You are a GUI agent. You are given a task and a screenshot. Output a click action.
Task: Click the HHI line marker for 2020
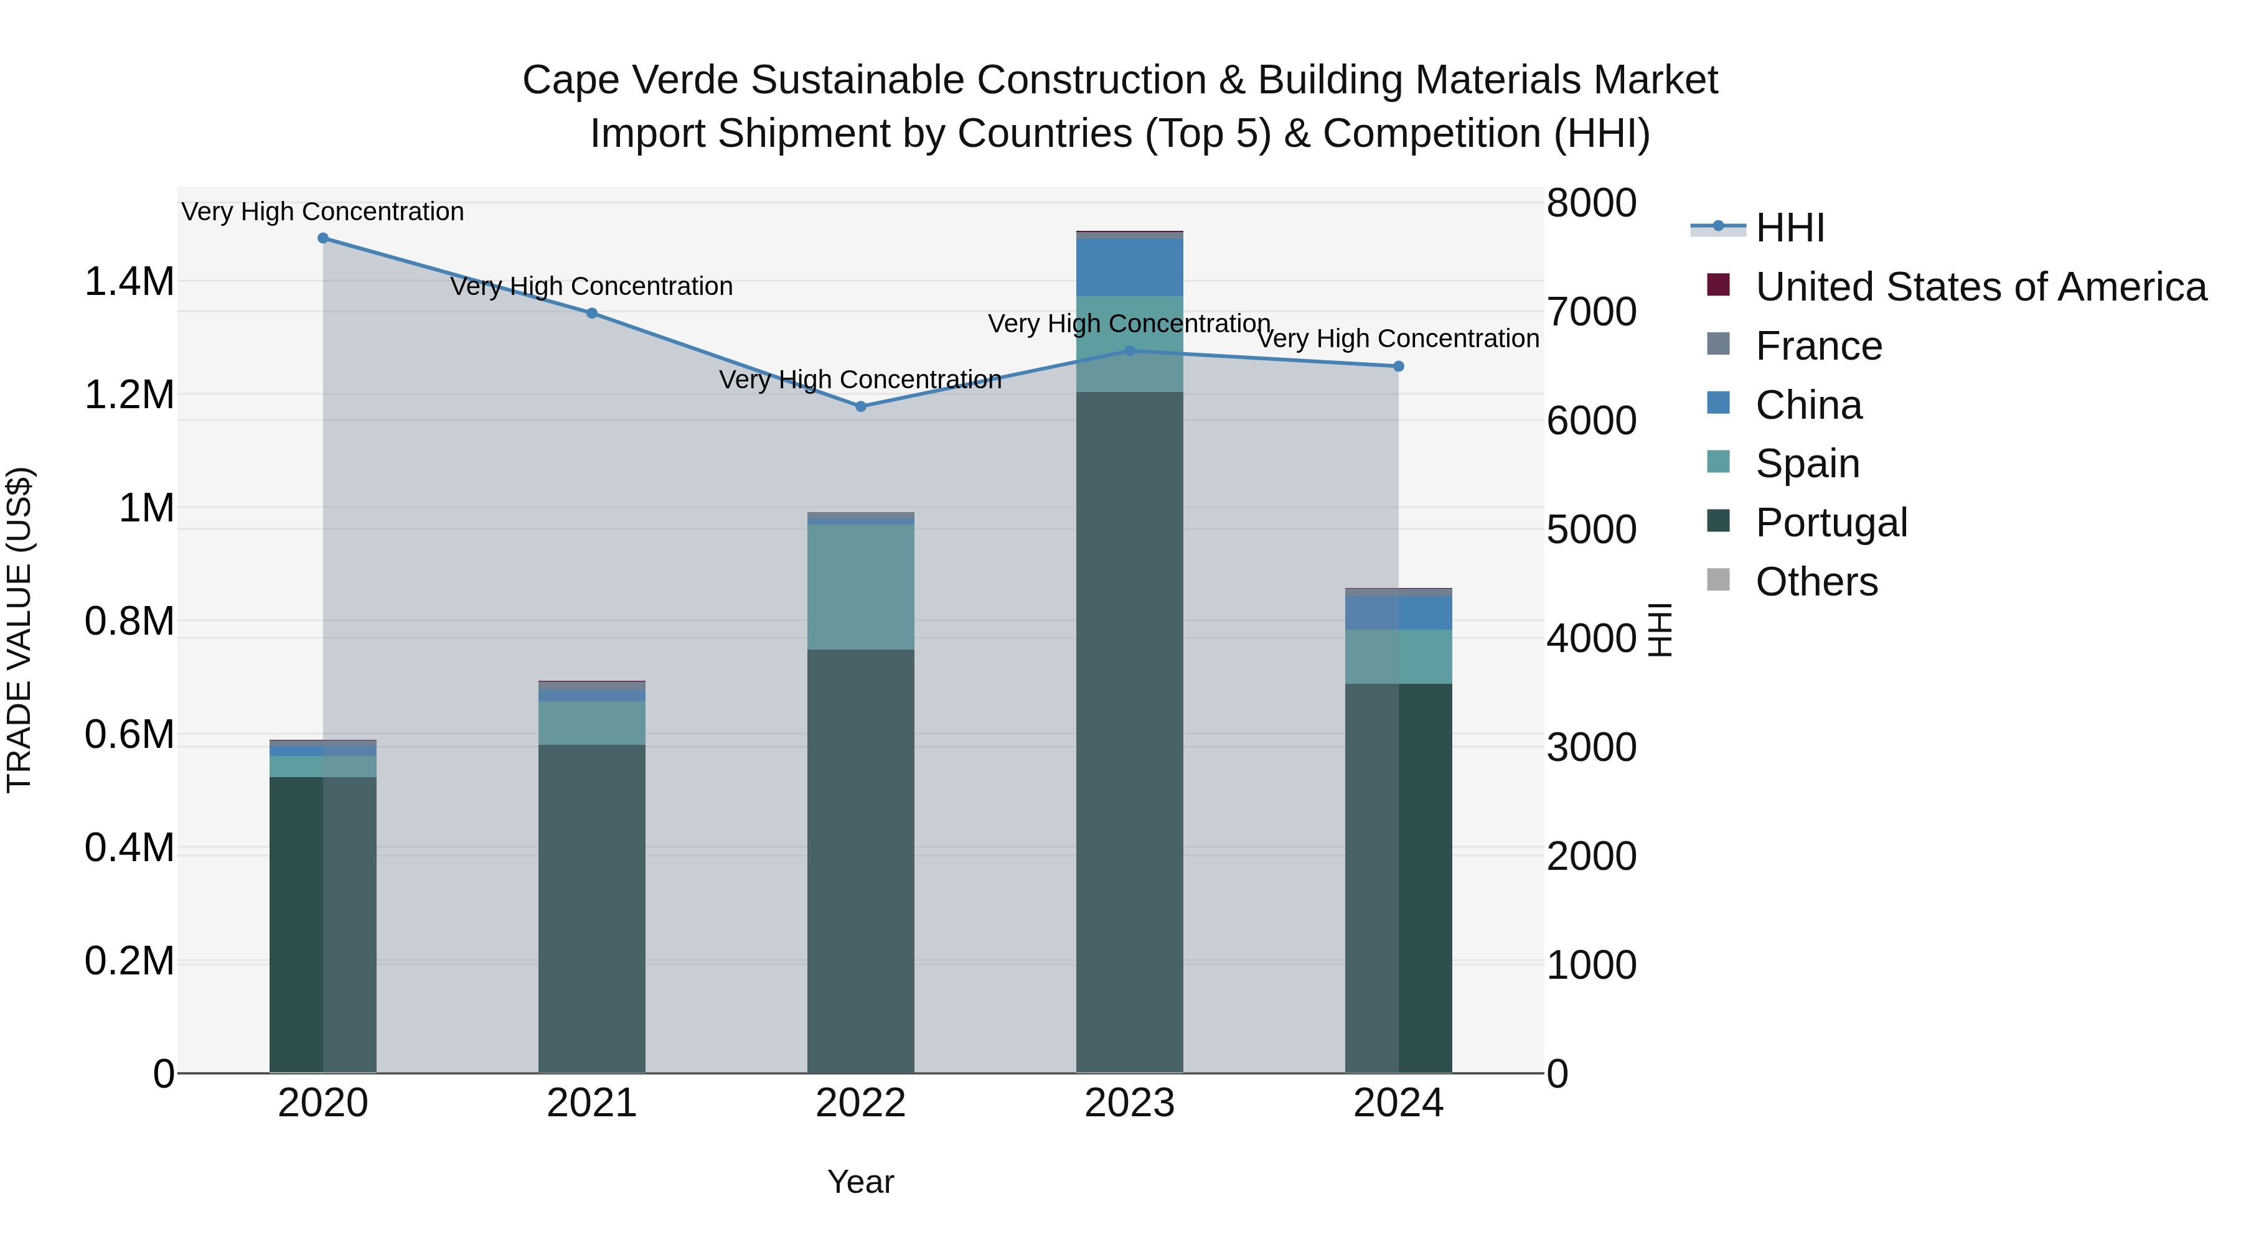(x=322, y=238)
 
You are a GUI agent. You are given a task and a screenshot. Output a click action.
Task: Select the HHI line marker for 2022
(x=860, y=406)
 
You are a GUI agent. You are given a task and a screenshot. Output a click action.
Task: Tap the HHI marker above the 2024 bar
(x=1398, y=366)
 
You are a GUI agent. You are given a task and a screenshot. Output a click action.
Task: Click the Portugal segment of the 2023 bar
(x=1129, y=730)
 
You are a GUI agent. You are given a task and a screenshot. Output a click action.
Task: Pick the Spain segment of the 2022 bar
(x=860, y=587)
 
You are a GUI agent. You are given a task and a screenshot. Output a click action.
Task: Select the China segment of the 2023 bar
(x=1129, y=268)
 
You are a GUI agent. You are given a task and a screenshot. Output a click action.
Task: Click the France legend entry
(x=1818, y=346)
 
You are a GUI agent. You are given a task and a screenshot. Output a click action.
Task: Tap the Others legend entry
(x=1816, y=582)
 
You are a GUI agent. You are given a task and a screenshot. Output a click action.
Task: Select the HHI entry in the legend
(x=1790, y=228)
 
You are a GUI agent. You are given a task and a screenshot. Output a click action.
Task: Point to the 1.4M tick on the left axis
(x=129, y=282)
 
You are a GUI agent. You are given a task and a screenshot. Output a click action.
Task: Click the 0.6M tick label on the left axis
(x=129, y=734)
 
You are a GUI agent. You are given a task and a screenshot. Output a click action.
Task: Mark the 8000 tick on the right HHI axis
(x=1591, y=203)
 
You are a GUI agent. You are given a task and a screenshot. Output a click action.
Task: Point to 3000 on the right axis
(x=1591, y=747)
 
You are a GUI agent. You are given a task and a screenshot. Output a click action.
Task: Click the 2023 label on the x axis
(x=1129, y=1103)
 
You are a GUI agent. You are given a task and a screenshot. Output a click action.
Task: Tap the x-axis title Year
(x=860, y=1182)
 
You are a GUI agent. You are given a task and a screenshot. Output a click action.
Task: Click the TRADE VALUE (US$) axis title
(x=19, y=630)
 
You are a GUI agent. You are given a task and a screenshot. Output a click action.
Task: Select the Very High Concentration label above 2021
(x=591, y=286)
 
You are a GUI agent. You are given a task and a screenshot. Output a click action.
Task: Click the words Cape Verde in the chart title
(x=631, y=80)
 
